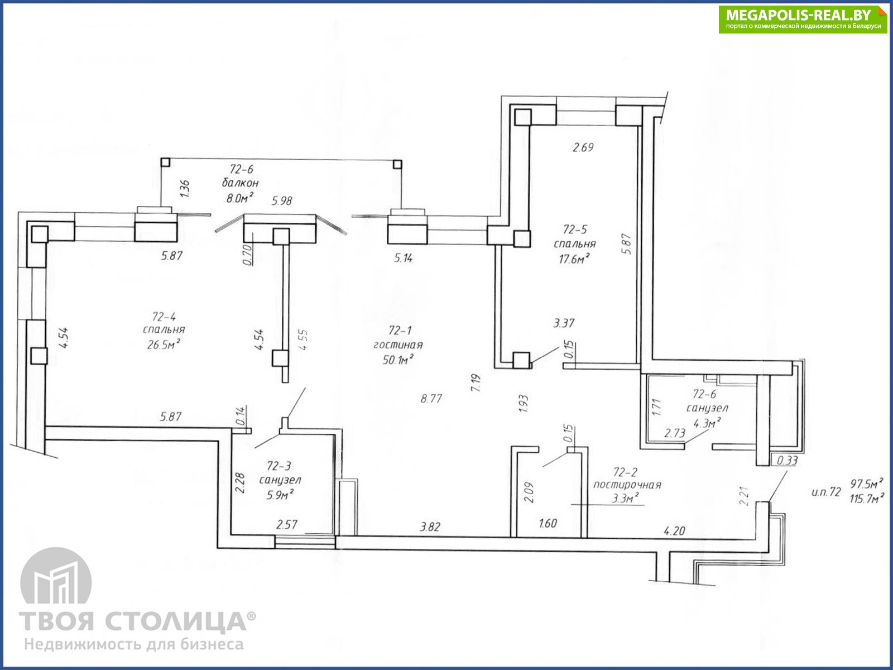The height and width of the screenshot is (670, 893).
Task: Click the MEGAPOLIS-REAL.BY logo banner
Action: pos(803,19)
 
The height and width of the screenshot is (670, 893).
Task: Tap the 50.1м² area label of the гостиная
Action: pos(398,359)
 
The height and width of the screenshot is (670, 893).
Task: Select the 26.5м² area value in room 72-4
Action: pos(164,344)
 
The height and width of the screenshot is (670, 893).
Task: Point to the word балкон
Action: pos(240,183)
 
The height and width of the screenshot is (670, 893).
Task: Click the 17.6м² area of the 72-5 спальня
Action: pos(574,259)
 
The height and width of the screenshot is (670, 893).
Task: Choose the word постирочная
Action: pos(627,485)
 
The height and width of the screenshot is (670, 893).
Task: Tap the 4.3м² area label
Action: pos(707,423)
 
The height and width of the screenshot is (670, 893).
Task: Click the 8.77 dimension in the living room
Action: pos(431,398)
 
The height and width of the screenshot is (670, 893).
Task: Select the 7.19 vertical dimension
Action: pos(476,383)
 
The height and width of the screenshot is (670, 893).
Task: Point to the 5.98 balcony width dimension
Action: pos(282,200)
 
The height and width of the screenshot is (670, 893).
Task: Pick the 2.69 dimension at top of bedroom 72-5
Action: pos(583,147)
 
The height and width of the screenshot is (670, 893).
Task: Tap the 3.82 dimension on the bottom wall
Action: pos(430,527)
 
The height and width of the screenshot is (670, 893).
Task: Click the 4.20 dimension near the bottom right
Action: pos(675,530)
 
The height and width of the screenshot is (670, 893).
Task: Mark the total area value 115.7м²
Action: pos(866,498)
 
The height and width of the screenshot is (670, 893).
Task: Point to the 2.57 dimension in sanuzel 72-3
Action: pos(287,525)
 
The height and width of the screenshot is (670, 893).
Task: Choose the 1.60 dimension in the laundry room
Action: pos(548,523)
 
